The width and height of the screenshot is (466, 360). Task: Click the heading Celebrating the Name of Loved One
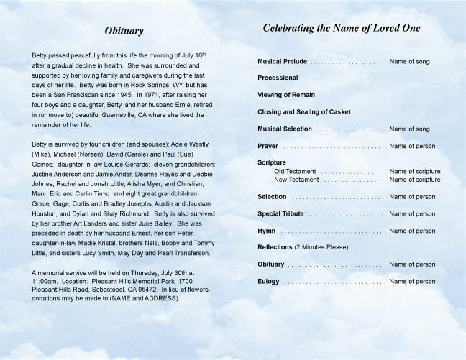[x=342, y=28]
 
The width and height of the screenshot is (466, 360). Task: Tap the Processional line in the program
[x=278, y=78]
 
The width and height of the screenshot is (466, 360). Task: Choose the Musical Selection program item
[x=285, y=129]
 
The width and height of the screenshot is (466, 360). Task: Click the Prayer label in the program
[x=268, y=146]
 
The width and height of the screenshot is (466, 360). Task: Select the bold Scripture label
[x=272, y=163]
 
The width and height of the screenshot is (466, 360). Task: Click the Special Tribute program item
[x=280, y=214]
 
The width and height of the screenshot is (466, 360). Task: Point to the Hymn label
[x=267, y=231]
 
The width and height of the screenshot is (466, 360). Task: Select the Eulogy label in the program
[x=268, y=282]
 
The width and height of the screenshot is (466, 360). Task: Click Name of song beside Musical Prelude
[x=409, y=62]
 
